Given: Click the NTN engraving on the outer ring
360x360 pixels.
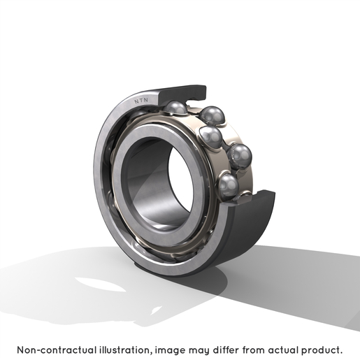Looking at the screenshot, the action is pos(141,101).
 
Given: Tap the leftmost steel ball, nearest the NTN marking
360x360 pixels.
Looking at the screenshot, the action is pos(175,108).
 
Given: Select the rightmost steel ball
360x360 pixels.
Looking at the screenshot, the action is pos(240,156).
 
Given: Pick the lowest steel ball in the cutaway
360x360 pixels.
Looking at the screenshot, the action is pos(229,186).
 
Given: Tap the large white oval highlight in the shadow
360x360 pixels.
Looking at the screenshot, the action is pos(100,284).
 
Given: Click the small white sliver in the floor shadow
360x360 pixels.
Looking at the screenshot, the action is pos(157,310).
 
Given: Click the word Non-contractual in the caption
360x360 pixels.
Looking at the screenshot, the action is pos(57,350).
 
